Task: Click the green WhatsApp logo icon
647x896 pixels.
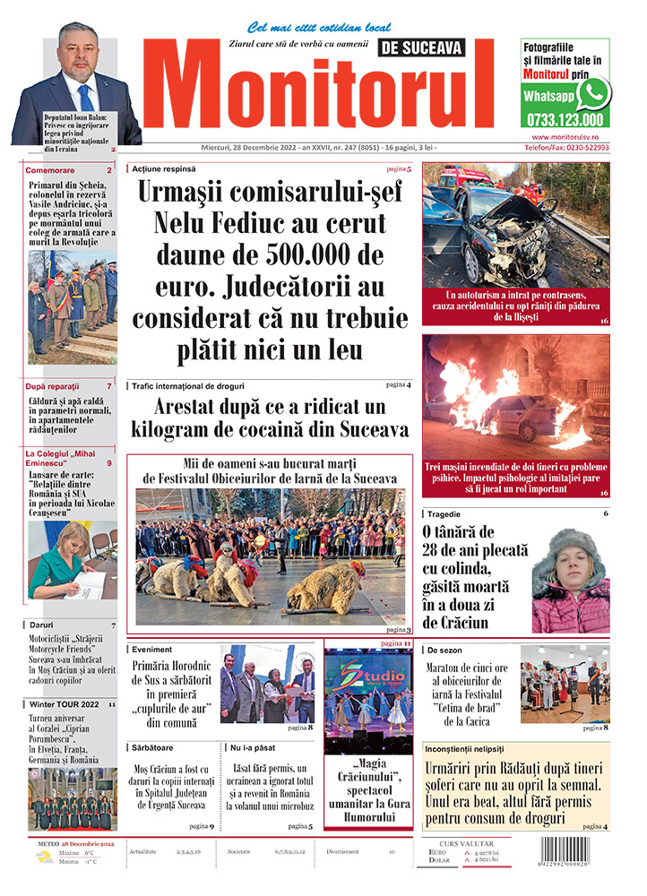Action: coord(592,93)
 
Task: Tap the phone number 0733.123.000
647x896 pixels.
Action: coord(565,120)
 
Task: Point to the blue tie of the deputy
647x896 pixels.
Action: coord(85,95)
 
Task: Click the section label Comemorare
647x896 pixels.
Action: coord(51,170)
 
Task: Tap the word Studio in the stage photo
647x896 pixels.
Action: coord(364,671)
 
